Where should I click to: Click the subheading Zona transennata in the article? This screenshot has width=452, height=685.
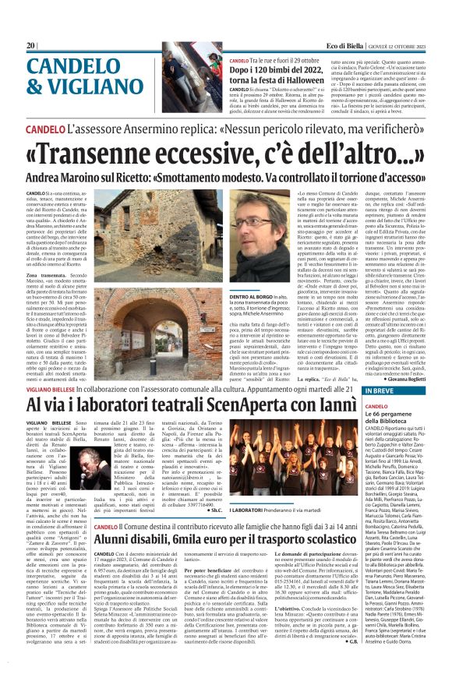point(55,276)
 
